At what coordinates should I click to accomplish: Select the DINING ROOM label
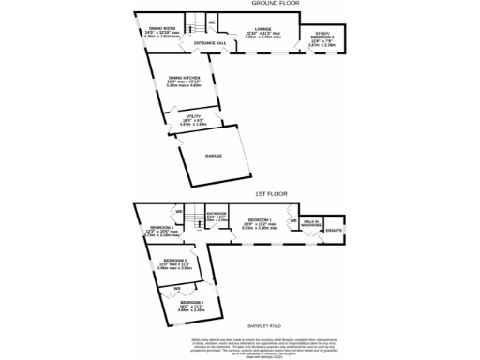[x=163, y=29]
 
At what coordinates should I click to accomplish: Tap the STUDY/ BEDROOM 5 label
[x=322, y=38]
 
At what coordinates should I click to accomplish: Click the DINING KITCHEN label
[x=185, y=78]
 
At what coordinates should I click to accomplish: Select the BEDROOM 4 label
[x=158, y=228]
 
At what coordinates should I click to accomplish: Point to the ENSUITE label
[x=336, y=230]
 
